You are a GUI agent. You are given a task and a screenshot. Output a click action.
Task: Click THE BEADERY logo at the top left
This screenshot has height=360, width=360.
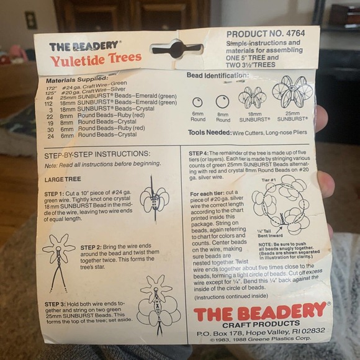click(85, 47)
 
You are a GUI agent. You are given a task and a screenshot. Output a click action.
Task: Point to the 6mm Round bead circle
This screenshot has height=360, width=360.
click(198, 102)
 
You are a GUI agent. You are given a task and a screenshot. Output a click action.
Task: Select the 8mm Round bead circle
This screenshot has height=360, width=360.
click(222, 101)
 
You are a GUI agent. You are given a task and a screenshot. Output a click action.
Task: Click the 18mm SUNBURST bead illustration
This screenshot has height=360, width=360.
click(252, 97)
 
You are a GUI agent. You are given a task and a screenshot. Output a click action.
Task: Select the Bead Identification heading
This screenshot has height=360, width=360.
click(217, 75)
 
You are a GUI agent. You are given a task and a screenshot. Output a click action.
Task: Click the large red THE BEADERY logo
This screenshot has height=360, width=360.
click(260, 312)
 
